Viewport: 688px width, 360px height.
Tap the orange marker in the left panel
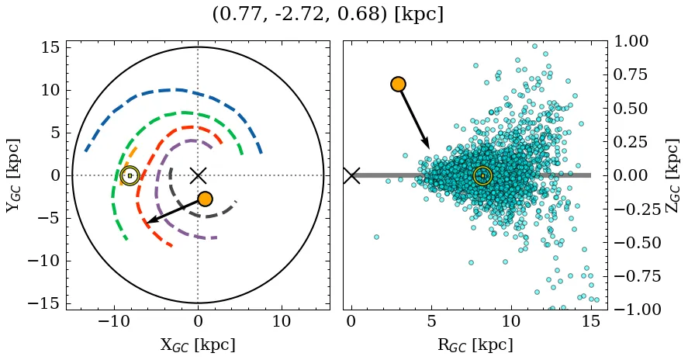[205, 199]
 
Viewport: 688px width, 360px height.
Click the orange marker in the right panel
[399, 84]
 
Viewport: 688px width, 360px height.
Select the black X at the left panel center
[198, 175]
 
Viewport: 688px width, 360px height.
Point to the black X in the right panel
[351, 175]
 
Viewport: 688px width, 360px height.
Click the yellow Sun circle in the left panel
[130, 175]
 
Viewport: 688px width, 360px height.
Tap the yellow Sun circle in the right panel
[482, 175]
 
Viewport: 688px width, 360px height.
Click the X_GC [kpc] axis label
[198, 344]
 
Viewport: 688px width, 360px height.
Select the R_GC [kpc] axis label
[475, 344]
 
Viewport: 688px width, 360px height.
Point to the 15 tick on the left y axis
[49, 47]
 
